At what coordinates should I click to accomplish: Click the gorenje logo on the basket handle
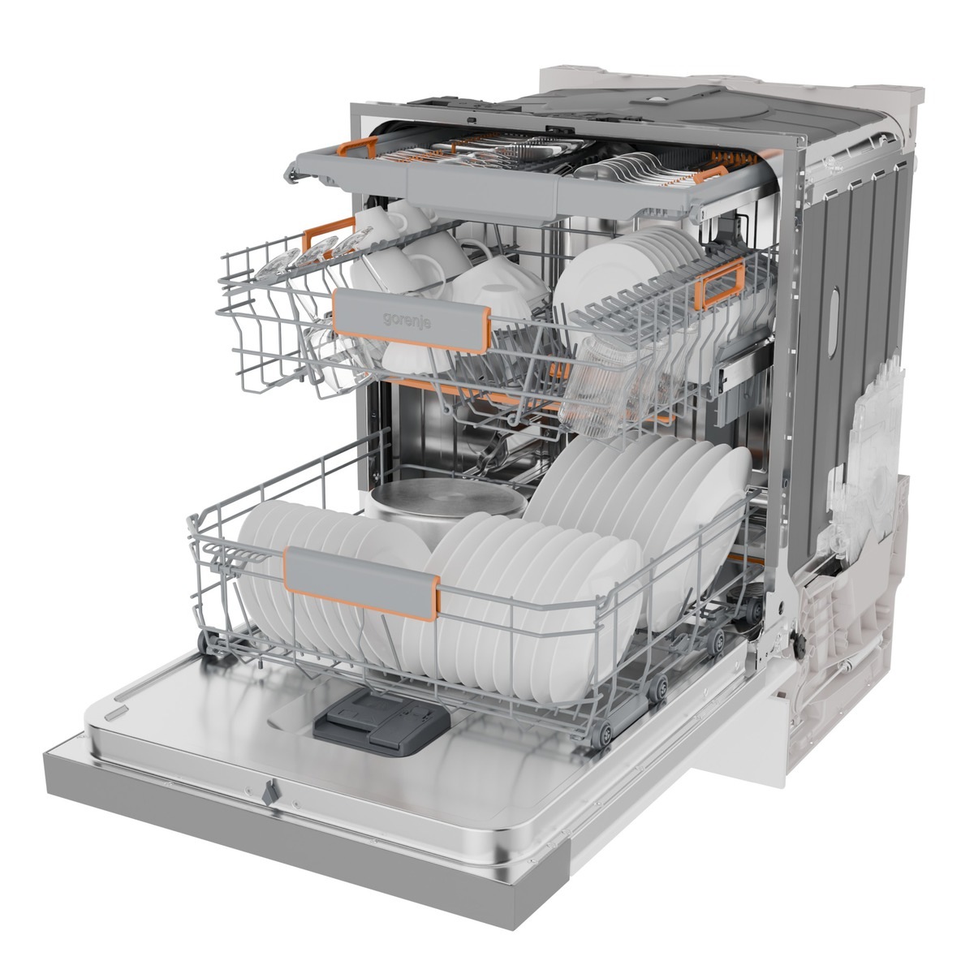point(407,320)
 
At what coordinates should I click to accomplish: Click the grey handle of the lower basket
point(362,582)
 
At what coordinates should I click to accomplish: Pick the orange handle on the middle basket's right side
point(719,283)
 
